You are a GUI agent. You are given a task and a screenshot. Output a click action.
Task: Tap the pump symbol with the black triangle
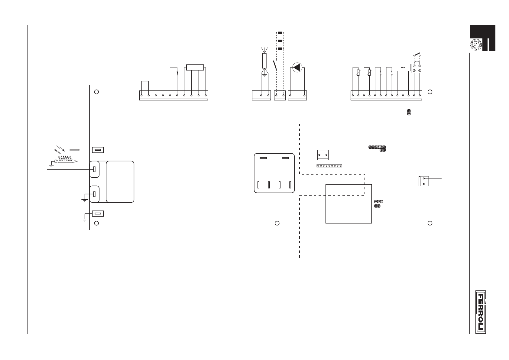coord(297,67)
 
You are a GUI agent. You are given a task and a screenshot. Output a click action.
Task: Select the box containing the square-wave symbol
coord(403,67)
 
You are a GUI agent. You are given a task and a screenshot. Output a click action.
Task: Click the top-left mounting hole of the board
coord(96,92)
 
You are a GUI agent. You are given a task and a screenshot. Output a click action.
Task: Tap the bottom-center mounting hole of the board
coord(277,223)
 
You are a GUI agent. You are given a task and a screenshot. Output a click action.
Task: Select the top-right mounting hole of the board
coord(430,92)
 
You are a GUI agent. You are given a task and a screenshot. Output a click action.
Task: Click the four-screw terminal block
coord(417,68)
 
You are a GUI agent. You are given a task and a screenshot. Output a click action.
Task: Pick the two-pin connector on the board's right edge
coord(423,181)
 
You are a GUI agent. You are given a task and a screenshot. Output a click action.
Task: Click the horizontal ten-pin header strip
coord(329,166)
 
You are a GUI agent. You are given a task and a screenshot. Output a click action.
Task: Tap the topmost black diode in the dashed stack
coord(280,33)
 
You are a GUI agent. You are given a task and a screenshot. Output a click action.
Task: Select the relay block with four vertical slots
coord(274,173)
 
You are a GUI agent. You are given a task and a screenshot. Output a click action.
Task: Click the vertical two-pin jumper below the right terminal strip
coord(409,112)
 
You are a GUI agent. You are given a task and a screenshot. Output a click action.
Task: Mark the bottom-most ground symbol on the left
coord(85,218)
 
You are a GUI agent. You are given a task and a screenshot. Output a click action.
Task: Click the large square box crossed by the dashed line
coord(349,204)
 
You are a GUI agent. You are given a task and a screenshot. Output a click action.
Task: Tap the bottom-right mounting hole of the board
coord(430,223)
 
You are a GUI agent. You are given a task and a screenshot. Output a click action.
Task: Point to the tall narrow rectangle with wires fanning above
coord(264,61)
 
